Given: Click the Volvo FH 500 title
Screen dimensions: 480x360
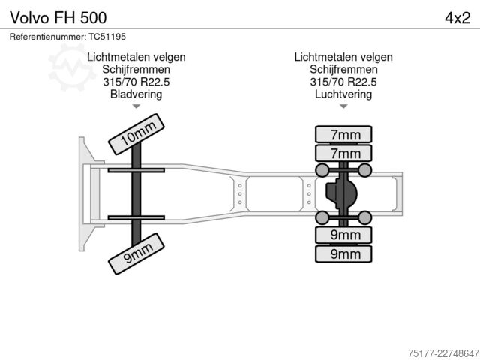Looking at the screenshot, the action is (58, 17).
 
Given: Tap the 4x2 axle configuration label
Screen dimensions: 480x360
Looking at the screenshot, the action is (457, 18).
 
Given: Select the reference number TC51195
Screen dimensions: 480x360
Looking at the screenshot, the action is (107, 37).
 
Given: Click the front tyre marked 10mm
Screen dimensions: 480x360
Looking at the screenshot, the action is (136, 134).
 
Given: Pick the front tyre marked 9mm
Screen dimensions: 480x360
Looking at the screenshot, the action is (136, 253).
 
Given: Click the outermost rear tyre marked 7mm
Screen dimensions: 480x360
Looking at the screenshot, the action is (343, 134).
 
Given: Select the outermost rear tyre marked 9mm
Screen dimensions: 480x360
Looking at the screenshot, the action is (343, 253).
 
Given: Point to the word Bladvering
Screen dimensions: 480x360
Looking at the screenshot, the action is (136, 94).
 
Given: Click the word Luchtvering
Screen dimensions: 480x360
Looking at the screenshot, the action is (343, 94).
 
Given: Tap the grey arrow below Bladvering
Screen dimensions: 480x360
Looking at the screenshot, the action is (136, 106).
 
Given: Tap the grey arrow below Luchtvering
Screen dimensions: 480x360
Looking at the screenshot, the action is (343, 106).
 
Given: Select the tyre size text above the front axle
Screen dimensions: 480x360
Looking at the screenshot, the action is (136, 82).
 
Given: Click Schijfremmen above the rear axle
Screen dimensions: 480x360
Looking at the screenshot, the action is (343, 69).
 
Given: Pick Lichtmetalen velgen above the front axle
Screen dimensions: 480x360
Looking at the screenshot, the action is (136, 57).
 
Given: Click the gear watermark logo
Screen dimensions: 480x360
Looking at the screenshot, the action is (72, 67).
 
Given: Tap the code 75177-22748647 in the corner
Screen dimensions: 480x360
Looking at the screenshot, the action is (443, 353).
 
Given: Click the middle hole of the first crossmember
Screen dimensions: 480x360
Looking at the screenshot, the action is (240, 194).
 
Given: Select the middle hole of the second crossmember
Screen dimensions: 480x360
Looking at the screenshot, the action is (309, 194).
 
